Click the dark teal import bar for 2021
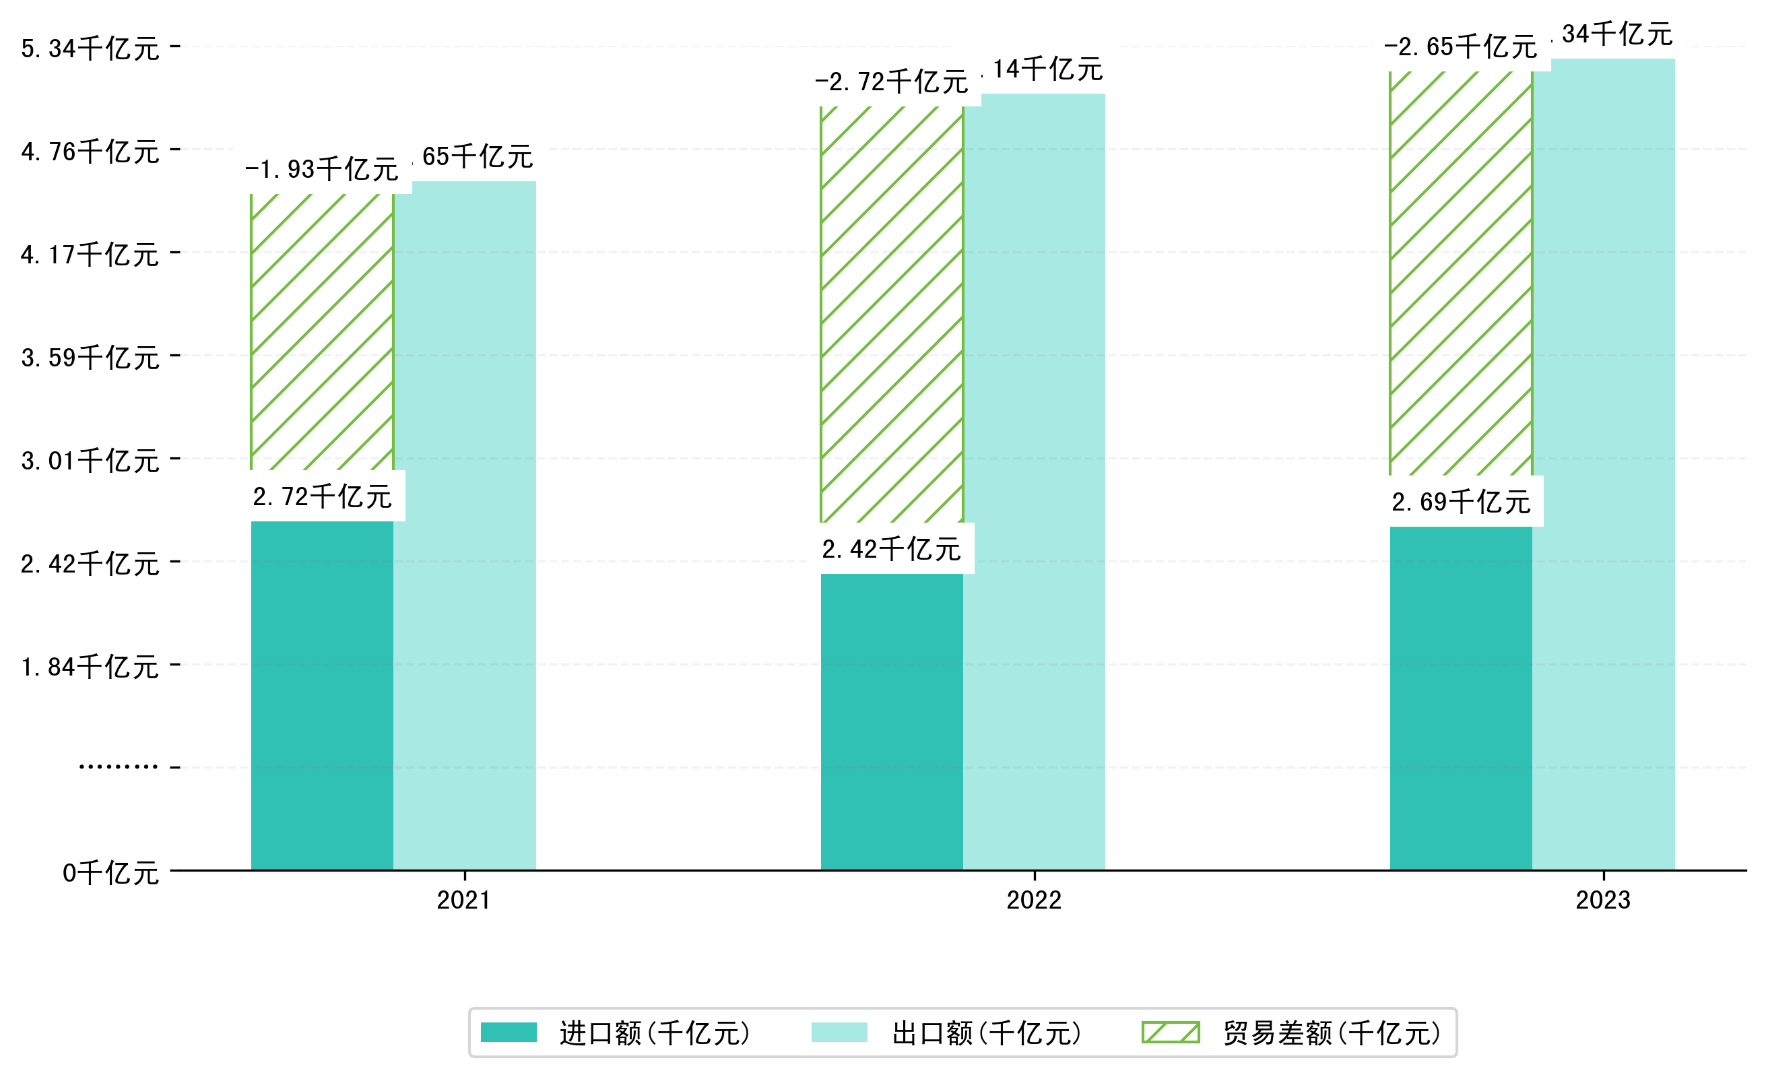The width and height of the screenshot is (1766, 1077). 322,695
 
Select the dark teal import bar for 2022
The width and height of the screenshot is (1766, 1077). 891,721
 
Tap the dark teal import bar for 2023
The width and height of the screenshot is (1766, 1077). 1461,698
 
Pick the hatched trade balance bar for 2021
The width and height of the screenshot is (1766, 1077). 322,332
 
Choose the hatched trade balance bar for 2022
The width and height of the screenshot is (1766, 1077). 891,314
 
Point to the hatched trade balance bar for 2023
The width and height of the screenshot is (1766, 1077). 1461,273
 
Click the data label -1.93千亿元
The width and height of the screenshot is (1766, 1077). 322,170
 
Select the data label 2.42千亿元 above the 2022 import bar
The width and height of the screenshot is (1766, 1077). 891,550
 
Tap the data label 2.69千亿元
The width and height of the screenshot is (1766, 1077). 1461,502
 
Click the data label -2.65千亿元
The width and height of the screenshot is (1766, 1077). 1461,47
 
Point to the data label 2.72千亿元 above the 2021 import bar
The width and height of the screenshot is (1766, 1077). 322,496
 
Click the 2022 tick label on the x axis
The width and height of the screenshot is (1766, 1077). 1033,900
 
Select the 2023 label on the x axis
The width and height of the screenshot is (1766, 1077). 1602,900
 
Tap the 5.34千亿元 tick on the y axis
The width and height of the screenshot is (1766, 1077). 90,48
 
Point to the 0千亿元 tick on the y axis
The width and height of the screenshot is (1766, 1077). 110,873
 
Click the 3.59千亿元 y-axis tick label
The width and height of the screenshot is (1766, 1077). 90,358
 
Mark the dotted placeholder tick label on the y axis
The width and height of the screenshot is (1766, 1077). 119,767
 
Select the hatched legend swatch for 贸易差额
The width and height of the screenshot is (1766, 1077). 1171,1033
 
